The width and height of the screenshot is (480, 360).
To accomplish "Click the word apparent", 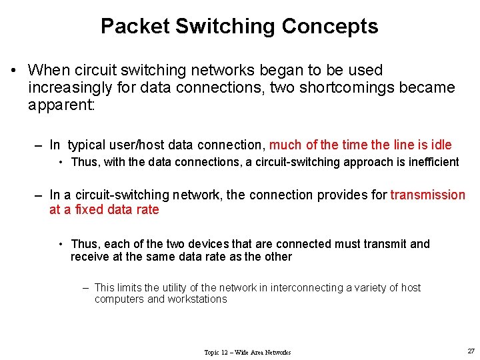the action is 61,105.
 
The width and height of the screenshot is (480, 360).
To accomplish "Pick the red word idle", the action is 441,145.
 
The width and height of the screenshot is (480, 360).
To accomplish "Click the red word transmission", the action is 427,195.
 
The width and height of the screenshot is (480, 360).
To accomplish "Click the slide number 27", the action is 471,351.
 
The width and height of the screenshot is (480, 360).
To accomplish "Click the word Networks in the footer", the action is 277,352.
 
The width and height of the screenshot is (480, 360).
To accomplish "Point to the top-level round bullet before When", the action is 13,71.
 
